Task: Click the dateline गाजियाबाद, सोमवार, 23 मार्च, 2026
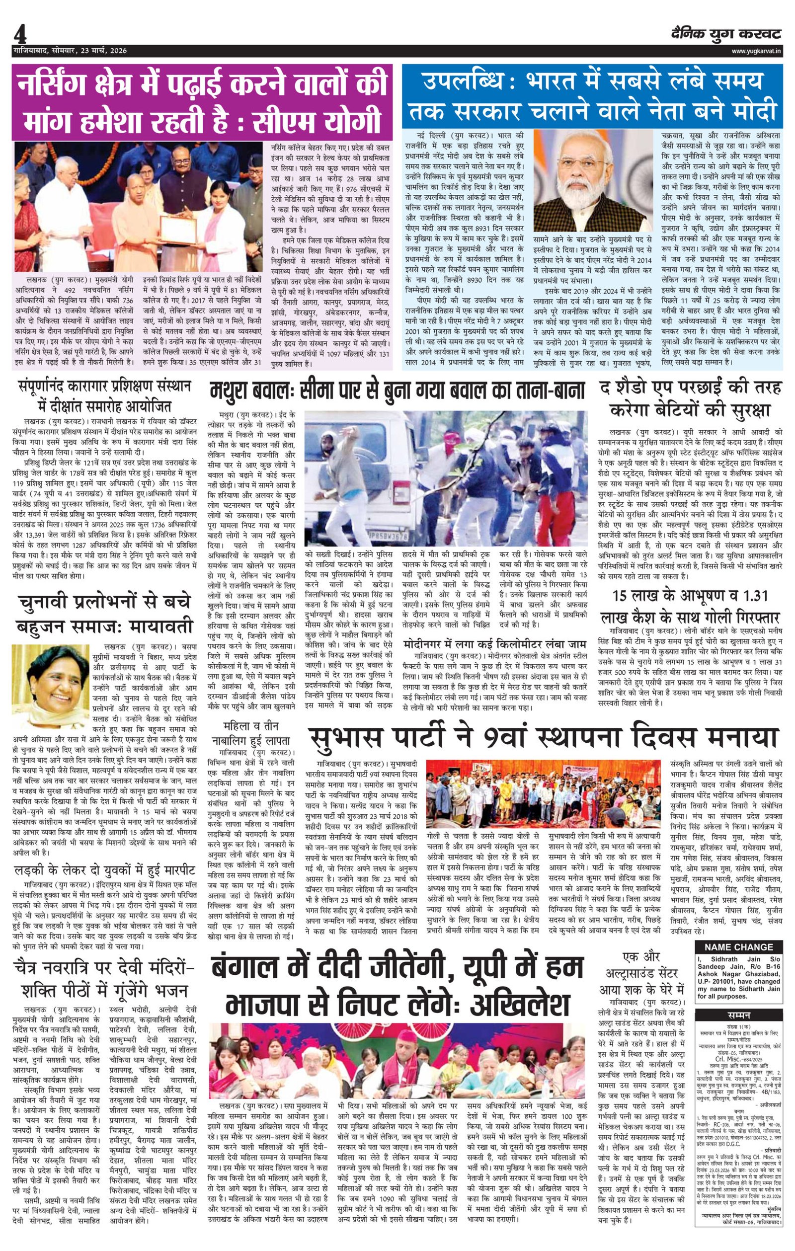[x=71, y=51]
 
